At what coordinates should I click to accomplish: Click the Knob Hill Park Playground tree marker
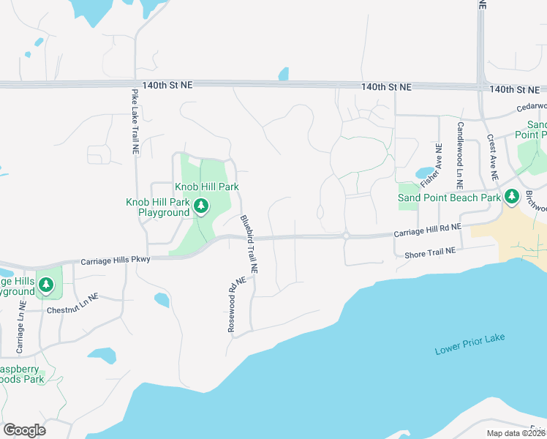tap(201, 207)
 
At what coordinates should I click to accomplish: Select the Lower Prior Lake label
tap(469, 345)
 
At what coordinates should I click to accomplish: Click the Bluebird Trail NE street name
tap(249, 244)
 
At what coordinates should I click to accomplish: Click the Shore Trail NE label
tap(430, 252)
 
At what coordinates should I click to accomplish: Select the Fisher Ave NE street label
tap(431, 168)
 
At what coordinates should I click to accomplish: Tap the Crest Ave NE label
tap(492, 157)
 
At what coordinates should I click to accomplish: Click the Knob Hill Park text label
tap(207, 187)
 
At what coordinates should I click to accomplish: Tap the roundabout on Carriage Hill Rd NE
tap(344, 236)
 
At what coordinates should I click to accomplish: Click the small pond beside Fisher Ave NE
tap(424, 173)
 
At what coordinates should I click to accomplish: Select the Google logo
tap(24, 430)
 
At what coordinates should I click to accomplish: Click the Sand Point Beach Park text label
tap(449, 198)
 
